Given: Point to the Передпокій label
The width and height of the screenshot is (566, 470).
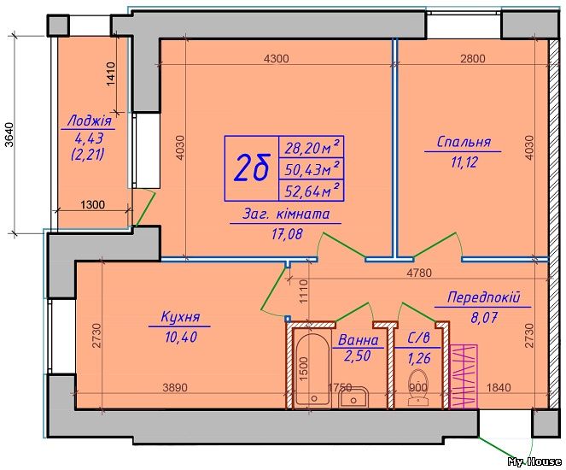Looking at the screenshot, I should (x=484, y=299).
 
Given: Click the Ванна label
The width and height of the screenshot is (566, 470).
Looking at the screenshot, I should (x=358, y=340).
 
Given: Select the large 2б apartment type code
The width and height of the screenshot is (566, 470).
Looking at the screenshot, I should (x=252, y=169).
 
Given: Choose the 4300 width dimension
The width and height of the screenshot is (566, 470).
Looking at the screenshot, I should (x=277, y=59).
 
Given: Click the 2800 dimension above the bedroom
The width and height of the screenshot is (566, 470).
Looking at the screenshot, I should (x=472, y=59).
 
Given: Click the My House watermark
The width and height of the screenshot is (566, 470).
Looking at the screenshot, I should (x=534, y=462).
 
